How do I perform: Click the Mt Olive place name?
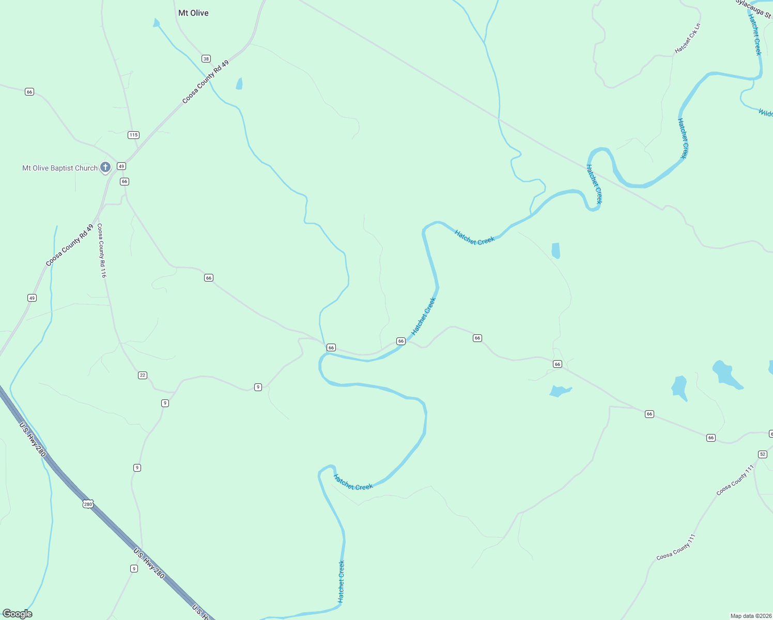click(x=193, y=13)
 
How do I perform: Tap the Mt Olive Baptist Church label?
click(x=60, y=168)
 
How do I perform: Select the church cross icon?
click(x=105, y=167)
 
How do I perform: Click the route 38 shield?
click(x=206, y=59)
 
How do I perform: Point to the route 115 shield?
click(x=133, y=135)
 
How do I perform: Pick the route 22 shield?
click(x=143, y=375)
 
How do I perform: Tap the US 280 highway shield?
click(x=88, y=504)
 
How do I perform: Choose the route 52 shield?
click(x=763, y=454)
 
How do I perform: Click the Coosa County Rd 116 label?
click(x=102, y=251)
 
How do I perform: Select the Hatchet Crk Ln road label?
click(x=688, y=38)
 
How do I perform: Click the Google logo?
click(x=18, y=614)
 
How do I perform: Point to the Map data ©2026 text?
click(x=750, y=616)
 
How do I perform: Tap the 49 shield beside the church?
click(x=121, y=166)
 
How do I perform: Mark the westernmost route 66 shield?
click(x=29, y=92)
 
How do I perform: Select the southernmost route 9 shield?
click(x=134, y=569)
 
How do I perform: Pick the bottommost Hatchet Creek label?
click(x=341, y=582)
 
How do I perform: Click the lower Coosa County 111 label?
click(x=676, y=548)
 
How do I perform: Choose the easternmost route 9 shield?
click(x=258, y=387)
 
